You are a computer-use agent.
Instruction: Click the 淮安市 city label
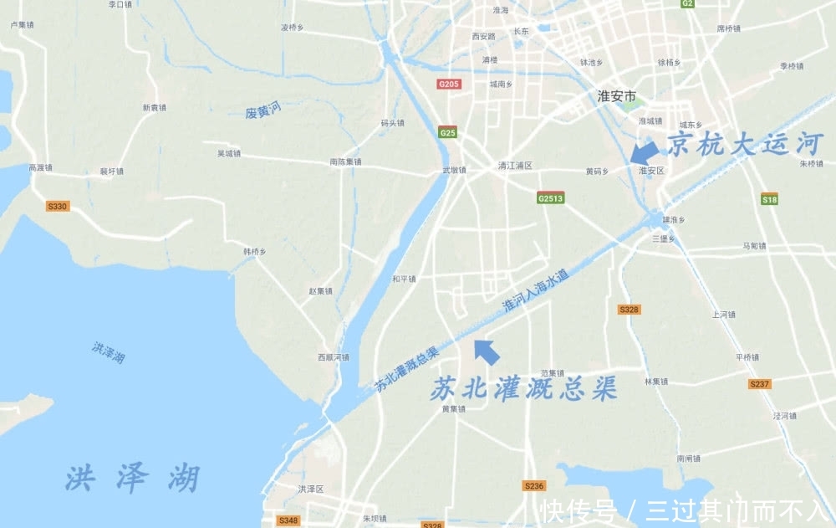pos(618,95)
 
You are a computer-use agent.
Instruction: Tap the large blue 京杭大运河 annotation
pos(745,145)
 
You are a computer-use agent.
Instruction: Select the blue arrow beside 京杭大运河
pos(643,151)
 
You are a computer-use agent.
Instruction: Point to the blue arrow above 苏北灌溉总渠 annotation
pos(487,351)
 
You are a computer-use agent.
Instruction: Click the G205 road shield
pos(449,84)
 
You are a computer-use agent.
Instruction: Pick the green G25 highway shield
pos(447,132)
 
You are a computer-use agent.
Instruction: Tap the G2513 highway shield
pos(550,198)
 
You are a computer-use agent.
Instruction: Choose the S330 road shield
pos(57,206)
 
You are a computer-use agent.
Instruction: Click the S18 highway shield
pos(769,199)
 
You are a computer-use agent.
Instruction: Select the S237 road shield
pos(759,384)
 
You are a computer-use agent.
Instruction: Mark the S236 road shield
pos(533,485)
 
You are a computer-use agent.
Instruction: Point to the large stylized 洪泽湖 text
pos(132,479)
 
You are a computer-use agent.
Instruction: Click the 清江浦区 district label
pos(514,166)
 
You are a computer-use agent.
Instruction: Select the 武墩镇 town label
pos(454,171)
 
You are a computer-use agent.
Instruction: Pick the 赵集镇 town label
pos(320,291)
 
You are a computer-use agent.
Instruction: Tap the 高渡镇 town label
pos(40,167)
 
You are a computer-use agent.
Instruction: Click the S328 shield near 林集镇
pos(630,310)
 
